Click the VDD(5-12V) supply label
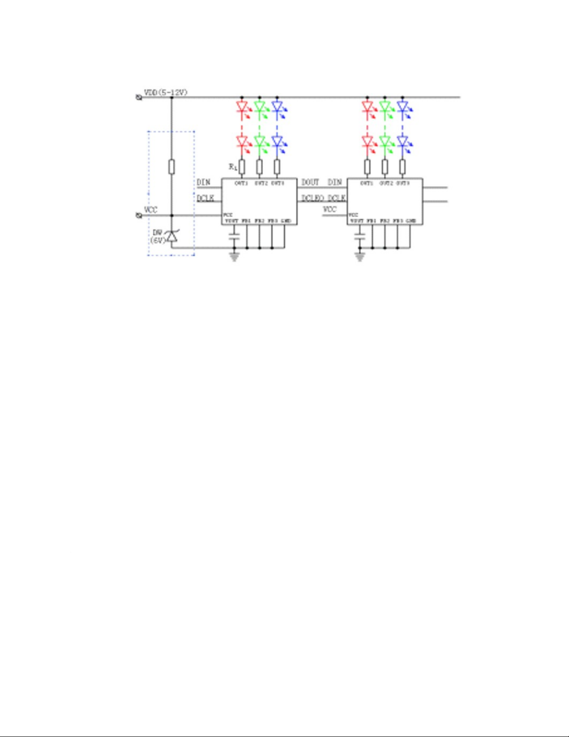click(165, 93)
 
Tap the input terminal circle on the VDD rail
click(138, 98)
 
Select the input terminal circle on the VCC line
click(138, 215)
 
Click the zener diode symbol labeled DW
click(172, 236)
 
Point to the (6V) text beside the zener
click(157, 240)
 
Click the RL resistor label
click(233, 167)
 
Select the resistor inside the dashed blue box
click(171, 166)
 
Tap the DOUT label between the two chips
click(310, 182)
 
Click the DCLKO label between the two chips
click(313, 199)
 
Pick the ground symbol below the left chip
click(235, 257)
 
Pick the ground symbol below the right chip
click(360, 257)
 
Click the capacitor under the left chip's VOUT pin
click(235, 237)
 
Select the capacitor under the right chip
click(360, 237)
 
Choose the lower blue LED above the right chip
click(402, 141)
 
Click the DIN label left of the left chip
click(203, 182)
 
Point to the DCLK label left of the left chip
click(205, 199)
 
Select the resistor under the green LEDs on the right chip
click(385, 166)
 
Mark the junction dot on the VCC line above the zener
click(172, 215)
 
